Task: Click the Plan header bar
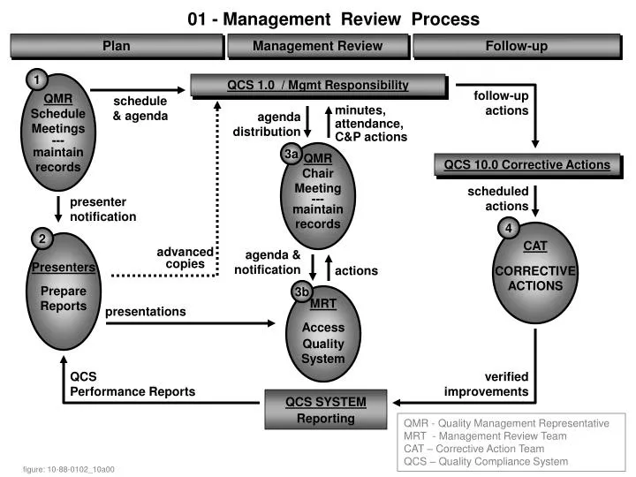116,46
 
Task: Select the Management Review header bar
317,46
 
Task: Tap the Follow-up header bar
516,46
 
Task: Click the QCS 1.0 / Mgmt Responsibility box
318,86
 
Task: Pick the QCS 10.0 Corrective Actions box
526,164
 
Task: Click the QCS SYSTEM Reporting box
325,410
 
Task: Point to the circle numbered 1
36,81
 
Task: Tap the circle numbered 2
42,238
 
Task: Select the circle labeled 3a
291,155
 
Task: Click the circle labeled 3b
302,291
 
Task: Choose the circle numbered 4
509,229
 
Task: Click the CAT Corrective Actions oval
535,274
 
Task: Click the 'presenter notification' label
102,209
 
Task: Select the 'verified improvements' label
487,384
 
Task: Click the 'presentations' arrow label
146,312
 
